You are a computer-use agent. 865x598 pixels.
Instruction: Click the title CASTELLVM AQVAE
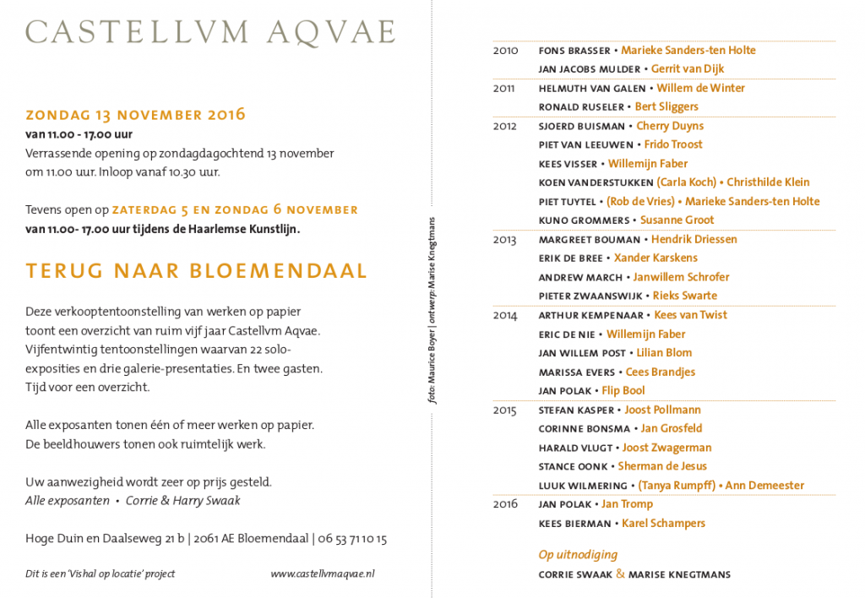click(210, 31)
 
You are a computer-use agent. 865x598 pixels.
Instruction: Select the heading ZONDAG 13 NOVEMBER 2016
click(135, 115)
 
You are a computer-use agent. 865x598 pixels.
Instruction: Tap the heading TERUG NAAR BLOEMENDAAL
click(196, 270)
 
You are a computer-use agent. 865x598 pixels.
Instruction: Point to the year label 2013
click(504, 240)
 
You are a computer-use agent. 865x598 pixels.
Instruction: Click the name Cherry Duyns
click(670, 126)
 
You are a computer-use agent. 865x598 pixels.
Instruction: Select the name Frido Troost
click(673, 144)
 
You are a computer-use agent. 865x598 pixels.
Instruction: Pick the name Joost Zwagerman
click(667, 448)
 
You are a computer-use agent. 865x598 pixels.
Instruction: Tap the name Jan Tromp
click(627, 504)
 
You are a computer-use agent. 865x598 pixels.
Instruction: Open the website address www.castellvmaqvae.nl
click(322, 574)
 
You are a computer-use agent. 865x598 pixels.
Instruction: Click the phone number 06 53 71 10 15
click(352, 538)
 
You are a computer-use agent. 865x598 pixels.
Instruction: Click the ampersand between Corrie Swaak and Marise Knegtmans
click(620, 574)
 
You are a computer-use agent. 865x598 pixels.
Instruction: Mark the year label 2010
click(505, 51)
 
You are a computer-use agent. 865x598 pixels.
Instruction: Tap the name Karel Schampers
click(663, 524)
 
